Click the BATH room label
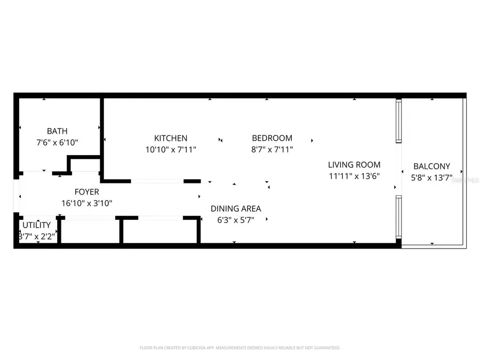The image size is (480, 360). [57, 131]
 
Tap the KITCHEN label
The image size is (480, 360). [171, 138]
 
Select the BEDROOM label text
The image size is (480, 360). [272, 138]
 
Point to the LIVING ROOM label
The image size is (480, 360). [354, 165]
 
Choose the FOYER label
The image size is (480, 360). [86, 192]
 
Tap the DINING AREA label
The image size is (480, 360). [236, 209]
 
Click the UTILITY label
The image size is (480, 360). [36, 225]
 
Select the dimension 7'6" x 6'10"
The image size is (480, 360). [57, 142]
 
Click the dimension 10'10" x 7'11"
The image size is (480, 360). [171, 150]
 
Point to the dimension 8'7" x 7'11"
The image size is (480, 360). [272, 150]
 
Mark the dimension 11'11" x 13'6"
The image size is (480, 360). [354, 177]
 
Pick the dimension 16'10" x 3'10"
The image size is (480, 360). [86, 203]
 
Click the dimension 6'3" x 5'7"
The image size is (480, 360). [236, 220]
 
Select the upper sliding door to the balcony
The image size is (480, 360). [398, 121]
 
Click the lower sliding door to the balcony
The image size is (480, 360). [398, 217]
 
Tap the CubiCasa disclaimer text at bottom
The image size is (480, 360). [239, 348]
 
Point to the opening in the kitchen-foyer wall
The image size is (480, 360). [157, 181]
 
